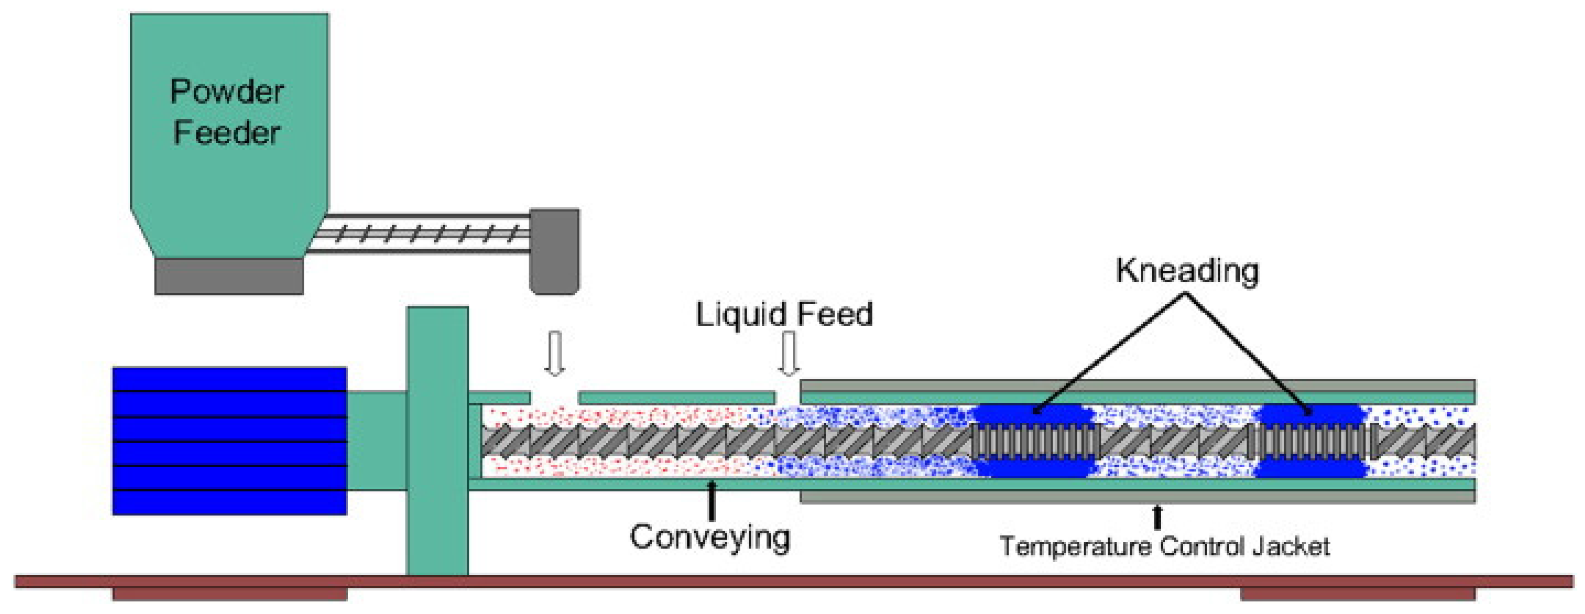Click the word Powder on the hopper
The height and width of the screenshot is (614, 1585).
tap(227, 92)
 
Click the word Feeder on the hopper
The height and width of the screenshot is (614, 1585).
tap(227, 133)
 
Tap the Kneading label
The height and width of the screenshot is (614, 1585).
tap(1187, 271)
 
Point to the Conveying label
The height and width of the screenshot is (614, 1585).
tap(709, 537)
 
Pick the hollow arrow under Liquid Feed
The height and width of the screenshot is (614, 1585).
tap(788, 353)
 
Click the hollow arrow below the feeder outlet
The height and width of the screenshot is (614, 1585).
tap(555, 353)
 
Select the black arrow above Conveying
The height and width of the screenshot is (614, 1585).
tap(712, 500)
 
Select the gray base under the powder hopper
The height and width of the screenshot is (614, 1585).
tap(228, 276)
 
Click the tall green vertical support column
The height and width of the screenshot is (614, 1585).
tap(437, 441)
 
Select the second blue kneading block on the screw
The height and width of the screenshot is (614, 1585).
tap(1311, 441)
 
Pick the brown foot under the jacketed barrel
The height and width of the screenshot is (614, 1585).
tap(1358, 594)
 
